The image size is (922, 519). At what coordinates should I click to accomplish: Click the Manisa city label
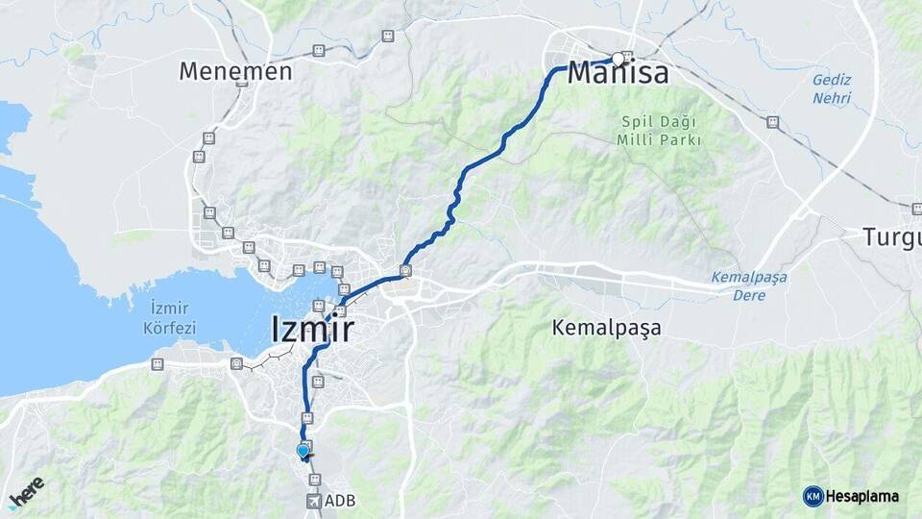point(618,73)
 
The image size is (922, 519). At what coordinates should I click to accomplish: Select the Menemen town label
point(235,71)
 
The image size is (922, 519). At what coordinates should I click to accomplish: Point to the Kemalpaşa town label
point(607,328)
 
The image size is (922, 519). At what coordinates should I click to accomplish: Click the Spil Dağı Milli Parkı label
point(659,131)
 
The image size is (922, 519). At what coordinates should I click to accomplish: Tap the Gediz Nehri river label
point(832,89)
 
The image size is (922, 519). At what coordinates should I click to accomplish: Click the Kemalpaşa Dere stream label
point(749,286)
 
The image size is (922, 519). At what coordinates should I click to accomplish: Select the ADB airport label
point(340,501)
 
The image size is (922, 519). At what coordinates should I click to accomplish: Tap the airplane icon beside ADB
point(314,501)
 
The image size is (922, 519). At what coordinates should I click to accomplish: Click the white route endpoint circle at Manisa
point(618,57)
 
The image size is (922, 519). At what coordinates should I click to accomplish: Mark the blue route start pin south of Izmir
point(303,450)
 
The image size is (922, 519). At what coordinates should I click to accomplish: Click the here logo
point(26,491)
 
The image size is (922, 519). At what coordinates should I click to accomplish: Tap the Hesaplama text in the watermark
point(861,496)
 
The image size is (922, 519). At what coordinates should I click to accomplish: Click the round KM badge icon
point(813,496)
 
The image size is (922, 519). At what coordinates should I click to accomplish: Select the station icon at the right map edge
point(916,209)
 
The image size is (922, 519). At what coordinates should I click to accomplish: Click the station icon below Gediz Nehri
point(772,122)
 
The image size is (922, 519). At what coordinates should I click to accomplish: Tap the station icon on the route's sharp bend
point(406,271)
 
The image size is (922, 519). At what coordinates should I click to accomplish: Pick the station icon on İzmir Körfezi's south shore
point(158,364)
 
